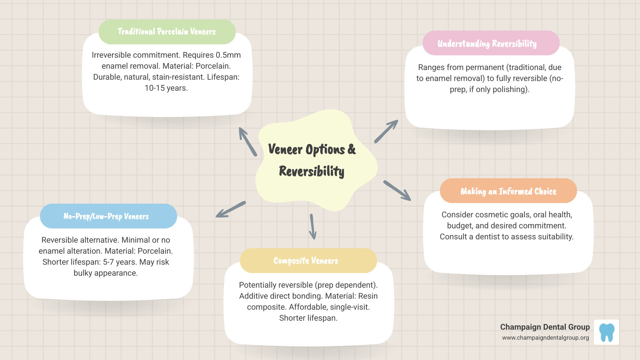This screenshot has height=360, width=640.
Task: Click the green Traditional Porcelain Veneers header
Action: [167, 32]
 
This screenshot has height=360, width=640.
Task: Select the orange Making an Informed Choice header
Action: [508, 191]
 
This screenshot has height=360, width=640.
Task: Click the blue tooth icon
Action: [606, 332]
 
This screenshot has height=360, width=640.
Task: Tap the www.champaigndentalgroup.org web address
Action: [545, 338]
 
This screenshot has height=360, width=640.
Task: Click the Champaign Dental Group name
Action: [545, 327]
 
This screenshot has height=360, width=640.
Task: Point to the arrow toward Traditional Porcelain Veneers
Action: [248, 142]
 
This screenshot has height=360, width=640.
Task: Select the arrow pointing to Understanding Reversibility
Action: [386, 132]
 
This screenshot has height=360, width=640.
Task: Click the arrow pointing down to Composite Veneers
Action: [312, 227]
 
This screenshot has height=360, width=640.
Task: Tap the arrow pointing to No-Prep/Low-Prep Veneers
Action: [231, 209]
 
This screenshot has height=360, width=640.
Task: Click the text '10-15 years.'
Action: [166, 88]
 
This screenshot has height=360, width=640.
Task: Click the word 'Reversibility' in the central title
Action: [311, 171]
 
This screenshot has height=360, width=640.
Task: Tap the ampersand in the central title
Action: [351, 149]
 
